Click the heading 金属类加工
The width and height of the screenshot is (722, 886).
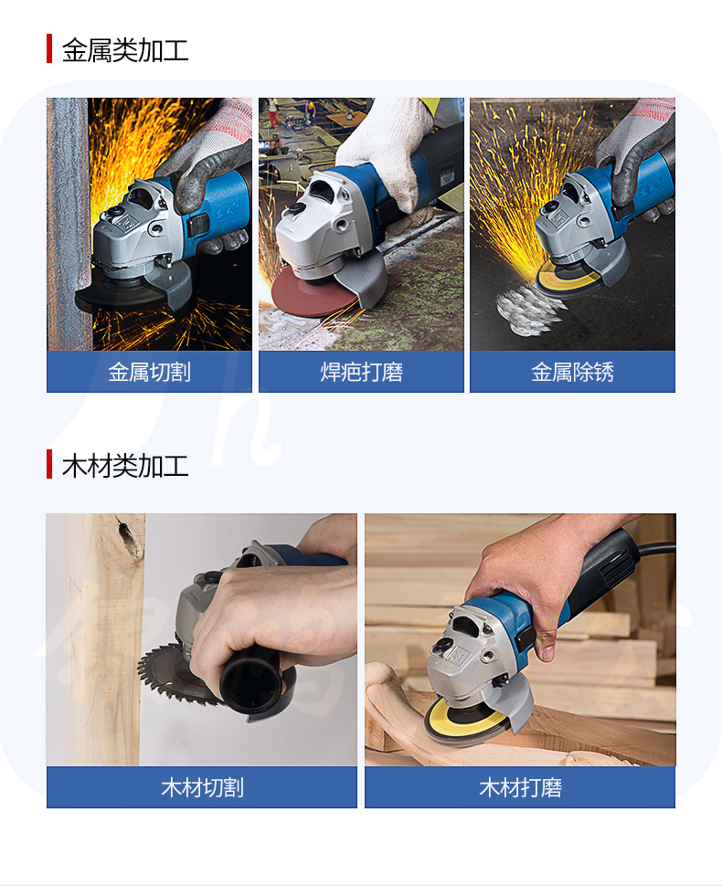125,49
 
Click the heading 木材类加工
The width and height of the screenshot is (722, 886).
125,466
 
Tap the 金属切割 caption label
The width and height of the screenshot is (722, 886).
149,372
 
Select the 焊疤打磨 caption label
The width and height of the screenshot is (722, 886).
361,372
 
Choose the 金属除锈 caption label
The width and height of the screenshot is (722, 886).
572,372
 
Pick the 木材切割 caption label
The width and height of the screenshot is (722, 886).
202,787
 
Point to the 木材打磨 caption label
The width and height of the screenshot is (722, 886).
520,787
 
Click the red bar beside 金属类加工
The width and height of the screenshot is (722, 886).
49,48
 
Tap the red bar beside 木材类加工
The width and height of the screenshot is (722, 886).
49,465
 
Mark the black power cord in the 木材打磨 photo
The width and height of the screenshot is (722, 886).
656,547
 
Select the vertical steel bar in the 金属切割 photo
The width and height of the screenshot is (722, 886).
69,224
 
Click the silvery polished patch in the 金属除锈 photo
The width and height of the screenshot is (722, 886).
526,309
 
